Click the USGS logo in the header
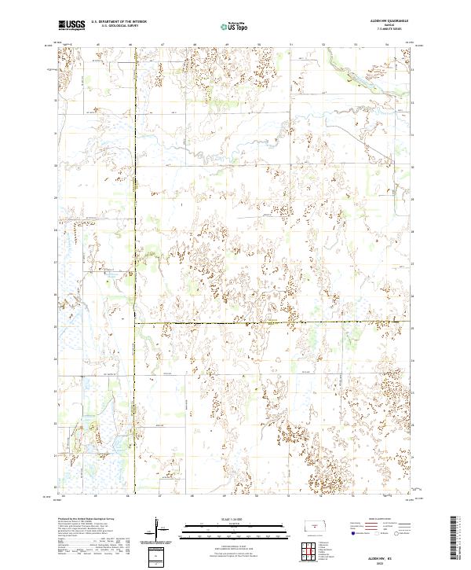tap(71, 25)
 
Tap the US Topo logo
tap(235, 26)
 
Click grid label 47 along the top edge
tap(162, 44)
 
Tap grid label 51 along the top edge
tap(290, 44)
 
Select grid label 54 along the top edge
tap(387, 44)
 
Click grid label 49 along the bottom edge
tap(226, 497)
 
